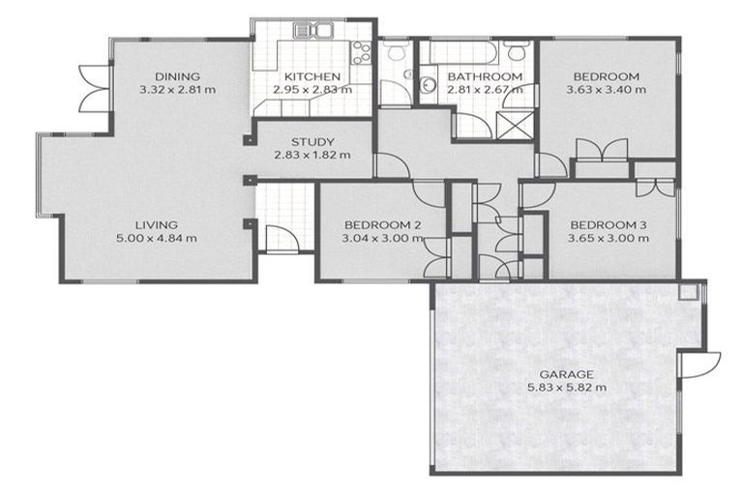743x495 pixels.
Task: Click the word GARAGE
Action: click(567, 374)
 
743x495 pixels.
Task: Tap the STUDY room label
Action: click(312, 139)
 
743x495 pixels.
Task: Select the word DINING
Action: click(177, 76)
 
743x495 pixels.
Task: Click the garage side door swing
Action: click(702, 365)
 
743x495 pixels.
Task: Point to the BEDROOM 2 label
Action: click(383, 225)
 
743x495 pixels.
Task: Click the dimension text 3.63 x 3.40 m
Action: click(607, 90)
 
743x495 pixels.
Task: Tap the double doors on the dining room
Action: click(91, 90)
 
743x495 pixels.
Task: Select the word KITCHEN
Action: click(311, 76)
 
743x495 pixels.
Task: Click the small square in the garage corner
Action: click(688, 291)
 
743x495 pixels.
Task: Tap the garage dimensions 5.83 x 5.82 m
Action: click(567, 388)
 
